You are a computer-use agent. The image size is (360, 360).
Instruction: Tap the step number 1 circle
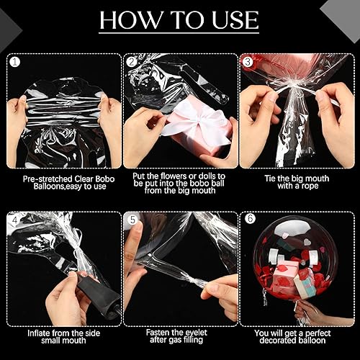click(x=14, y=61)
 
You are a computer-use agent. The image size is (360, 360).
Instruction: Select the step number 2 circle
click(x=132, y=61)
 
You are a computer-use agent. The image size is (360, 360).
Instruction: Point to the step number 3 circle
click(x=248, y=61)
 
